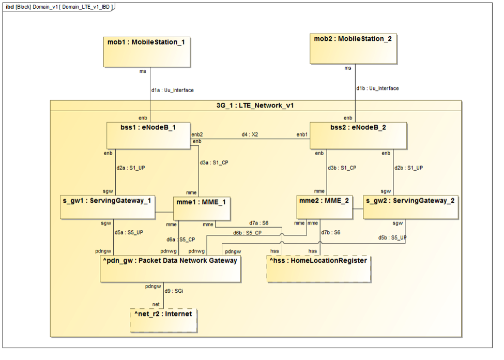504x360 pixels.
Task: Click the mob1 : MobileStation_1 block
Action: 147,52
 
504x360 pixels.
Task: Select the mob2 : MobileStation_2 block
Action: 354,49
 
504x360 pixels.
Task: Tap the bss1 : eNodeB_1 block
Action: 148,136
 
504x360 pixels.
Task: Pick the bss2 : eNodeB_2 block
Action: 358,136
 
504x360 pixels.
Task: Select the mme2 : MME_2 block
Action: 325,207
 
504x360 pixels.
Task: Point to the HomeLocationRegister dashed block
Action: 319,268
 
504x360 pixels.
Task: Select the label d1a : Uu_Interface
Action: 172,91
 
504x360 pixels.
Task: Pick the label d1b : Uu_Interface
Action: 377,88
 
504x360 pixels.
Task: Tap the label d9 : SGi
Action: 174,291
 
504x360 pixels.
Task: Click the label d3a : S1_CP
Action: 214,162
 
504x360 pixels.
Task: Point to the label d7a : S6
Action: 258,223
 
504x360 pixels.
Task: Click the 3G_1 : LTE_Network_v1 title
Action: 255,106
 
